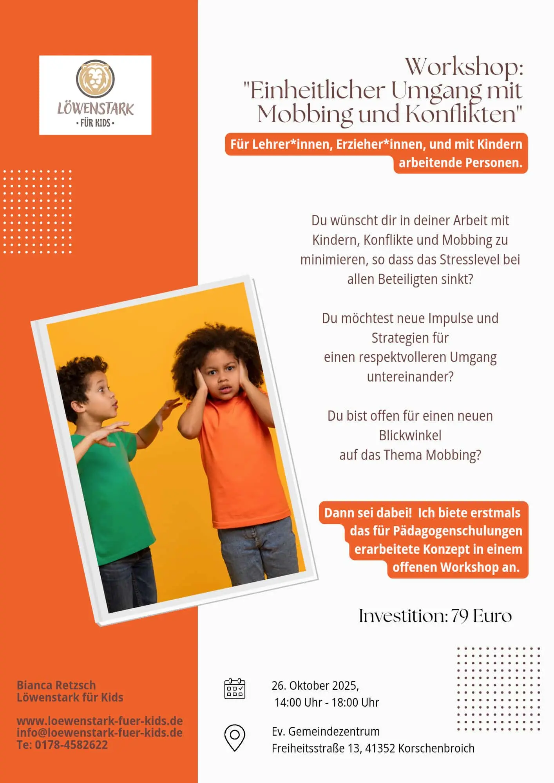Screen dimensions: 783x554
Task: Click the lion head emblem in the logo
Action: pyautogui.click(x=95, y=79)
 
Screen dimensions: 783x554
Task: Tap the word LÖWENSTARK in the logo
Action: pyautogui.click(x=95, y=108)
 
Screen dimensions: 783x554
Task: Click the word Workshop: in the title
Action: pyautogui.click(x=464, y=67)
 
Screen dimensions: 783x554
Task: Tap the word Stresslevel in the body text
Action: pyautogui.click(x=470, y=259)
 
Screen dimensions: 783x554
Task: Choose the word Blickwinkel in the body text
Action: pyautogui.click(x=410, y=435)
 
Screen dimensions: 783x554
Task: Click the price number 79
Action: pyautogui.click(x=460, y=616)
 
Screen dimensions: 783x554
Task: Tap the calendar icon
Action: pyautogui.click(x=234, y=689)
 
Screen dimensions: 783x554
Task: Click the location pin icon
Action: pyautogui.click(x=234, y=737)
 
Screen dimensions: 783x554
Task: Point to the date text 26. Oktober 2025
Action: pyautogui.click(x=315, y=685)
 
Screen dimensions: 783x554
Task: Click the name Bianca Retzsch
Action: pyautogui.click(x=56, y=685)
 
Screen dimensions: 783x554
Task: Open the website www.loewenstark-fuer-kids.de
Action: pyautogui.click(x=100, y=721)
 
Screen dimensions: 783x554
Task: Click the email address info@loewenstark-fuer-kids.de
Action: pyautogui.click(x=100, y=732)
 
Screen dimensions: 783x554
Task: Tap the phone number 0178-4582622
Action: pyautogui.click(x=71, y=745)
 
